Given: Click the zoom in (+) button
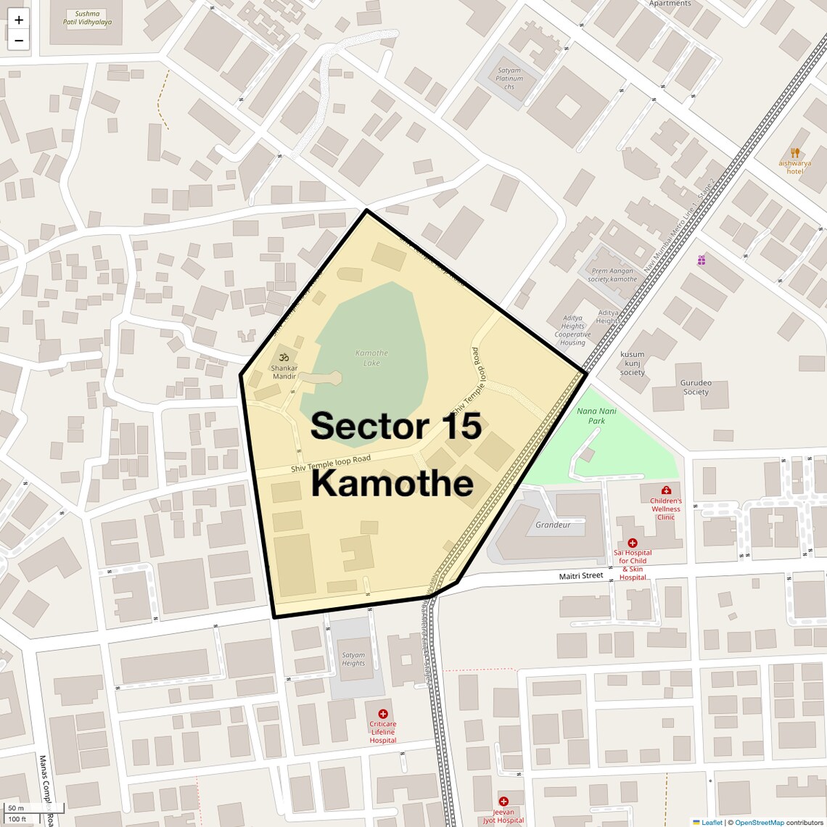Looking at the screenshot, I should click(19, 20).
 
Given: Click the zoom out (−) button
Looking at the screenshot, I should click(19, 41).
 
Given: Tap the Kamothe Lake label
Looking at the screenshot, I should click(371, 358).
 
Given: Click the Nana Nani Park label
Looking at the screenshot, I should click(596, 416).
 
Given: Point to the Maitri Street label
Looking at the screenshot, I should click(581, 575).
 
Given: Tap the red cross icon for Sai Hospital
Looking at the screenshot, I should click(632, 543).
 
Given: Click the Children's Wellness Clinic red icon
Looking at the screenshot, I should click(666, 490).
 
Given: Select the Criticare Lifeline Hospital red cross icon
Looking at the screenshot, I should click(383, 714).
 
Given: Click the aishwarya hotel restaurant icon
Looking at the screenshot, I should click(795, 153).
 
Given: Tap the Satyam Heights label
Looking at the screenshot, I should click(353, 659).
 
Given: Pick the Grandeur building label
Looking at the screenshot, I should click(553, 524).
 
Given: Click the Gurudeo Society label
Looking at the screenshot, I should click(695, 387).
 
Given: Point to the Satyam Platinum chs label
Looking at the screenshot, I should click(509, 78).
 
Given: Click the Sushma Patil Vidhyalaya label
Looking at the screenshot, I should click(88, 18).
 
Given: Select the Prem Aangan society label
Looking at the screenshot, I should click(613, 275).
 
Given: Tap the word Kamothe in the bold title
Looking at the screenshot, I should click(392, 483).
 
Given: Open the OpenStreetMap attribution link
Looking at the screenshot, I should click(760, 822).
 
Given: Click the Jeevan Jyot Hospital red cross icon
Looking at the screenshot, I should click(503, 802).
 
